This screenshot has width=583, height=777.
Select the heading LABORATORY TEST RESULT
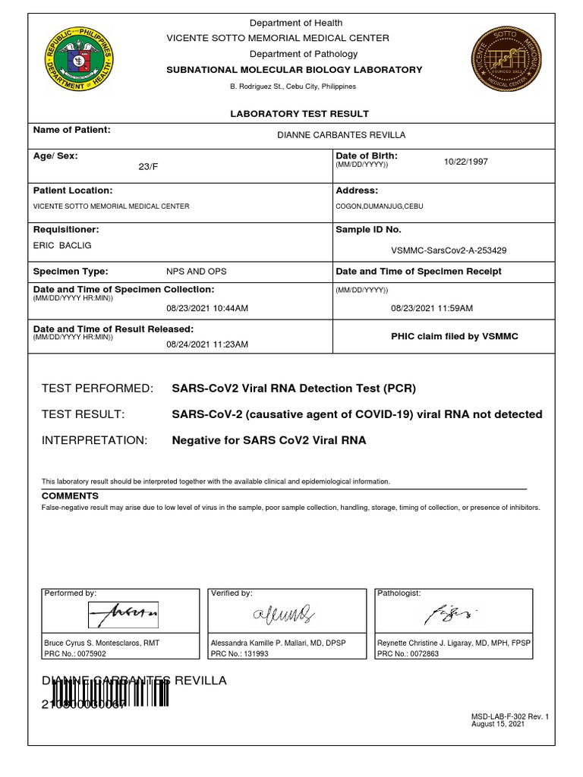(x=300, y=114)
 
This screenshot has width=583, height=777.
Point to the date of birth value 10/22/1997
(x=466, y=162)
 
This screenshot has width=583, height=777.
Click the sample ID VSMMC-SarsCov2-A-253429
(x=449, y=250)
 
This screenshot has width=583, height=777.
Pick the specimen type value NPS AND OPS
(x=196, y=272)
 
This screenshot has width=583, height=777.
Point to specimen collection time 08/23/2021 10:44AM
(x=207, y=309)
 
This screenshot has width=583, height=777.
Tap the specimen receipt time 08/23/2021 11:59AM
(x=432, y=309)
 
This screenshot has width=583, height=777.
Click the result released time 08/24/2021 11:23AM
(x=207, y=344)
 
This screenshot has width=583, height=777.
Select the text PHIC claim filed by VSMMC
(x=454, y=336)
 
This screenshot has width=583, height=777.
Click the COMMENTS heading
(x=70, y=495)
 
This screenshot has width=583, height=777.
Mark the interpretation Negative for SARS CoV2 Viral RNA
(x=269, y=440)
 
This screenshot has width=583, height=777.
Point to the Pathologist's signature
(x=451, y=614)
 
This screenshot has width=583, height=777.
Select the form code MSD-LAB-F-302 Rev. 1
(x=509, y=716)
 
